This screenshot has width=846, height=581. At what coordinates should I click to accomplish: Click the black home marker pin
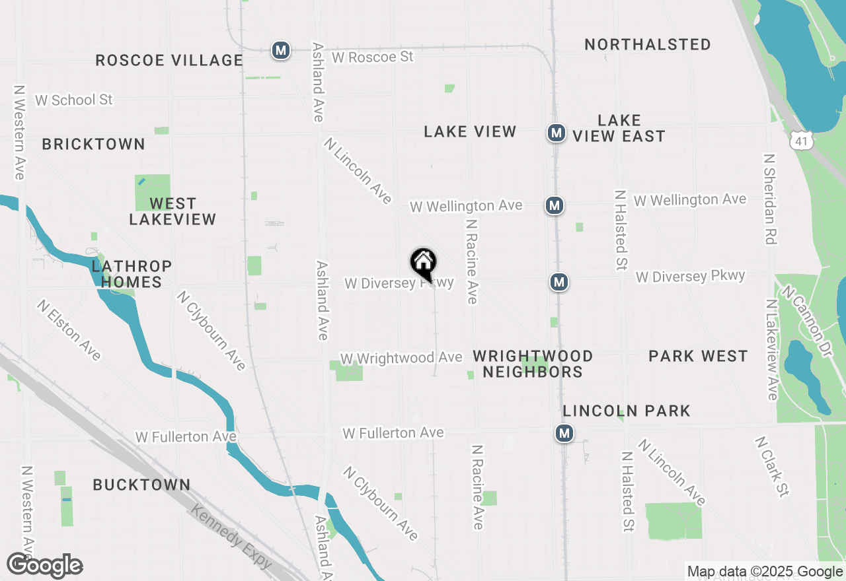[423, 263]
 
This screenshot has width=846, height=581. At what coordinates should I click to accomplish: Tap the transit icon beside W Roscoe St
[281, 50]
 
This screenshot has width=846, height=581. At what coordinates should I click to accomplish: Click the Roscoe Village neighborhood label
[169, 60]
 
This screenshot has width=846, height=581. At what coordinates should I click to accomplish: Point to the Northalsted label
[648, 44]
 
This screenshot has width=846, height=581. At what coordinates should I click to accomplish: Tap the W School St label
[74, 100]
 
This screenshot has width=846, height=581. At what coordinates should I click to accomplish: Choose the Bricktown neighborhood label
[93, 144]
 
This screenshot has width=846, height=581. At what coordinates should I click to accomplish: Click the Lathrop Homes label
[132, 274]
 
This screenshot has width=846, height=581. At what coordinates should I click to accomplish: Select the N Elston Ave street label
[69, 330]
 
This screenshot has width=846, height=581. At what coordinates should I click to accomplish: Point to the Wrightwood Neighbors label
[533, 364]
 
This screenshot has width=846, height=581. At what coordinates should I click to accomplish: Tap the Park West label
[698, 356]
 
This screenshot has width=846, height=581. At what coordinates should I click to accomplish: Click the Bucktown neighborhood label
[141, 485]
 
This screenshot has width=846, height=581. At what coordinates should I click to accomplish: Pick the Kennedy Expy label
[231, 535]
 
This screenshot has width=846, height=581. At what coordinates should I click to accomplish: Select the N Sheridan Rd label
[769, 199]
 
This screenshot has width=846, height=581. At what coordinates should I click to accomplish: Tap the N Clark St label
[773, 466]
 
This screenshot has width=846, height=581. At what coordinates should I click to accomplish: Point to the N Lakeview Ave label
[771, 349]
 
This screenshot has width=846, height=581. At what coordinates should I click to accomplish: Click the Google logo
[45, 566]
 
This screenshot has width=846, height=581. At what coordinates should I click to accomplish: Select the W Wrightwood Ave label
[401, 358]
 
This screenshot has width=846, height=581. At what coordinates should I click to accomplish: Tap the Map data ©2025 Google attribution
[765, 572]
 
